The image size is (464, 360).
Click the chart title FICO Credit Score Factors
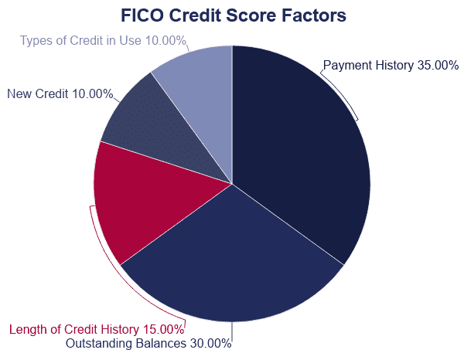234,15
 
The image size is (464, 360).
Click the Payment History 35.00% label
391,66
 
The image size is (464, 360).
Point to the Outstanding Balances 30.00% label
148,344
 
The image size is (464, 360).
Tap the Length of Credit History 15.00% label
97,329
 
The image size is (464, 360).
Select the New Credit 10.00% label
60,93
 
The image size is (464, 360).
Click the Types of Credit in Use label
103,40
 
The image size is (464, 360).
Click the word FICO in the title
142,15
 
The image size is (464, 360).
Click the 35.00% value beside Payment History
438,66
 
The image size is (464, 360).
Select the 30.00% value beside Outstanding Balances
210,344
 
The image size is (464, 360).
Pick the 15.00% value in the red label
163,329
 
